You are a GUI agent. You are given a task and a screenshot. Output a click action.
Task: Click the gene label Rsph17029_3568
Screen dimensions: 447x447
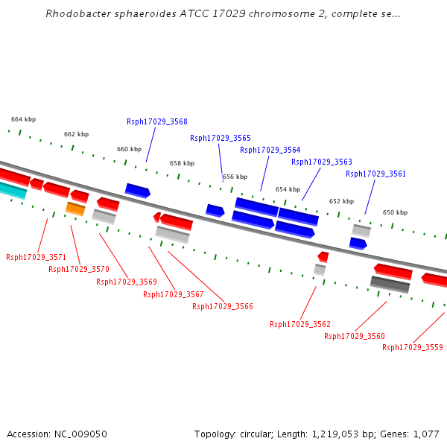click(x=157, y=121)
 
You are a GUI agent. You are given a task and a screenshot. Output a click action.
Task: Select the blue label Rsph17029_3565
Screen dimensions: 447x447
click(x=221, y=138)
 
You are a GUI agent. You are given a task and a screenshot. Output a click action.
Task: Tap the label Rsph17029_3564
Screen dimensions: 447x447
click(x=270, y=150)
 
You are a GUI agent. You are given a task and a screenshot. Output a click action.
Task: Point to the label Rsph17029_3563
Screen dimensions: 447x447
click(x=322, y=162)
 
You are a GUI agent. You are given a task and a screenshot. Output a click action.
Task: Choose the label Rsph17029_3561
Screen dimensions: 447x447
click(x=375, y=174)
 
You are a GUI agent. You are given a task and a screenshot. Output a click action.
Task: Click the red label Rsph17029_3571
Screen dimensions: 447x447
click(x=37, y=257)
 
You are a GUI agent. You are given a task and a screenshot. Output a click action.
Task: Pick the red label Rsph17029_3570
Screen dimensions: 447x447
click(x=79, y=269)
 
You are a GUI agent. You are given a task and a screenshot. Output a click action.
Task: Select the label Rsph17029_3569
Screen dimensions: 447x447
click(x=127, y=282)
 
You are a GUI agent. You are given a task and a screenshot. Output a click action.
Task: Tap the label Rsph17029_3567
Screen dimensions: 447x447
click(x=174, y=294)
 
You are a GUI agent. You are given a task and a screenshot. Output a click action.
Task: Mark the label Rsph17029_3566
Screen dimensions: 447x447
click(x=223, y=306)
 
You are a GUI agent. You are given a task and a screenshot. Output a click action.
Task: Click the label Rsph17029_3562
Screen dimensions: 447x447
click(x=300, y=324)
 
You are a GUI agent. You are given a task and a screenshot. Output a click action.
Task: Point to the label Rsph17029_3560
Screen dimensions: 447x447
click(x=355, y=336)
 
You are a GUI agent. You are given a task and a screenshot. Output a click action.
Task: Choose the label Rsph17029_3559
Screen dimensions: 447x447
click(x=413, y=347)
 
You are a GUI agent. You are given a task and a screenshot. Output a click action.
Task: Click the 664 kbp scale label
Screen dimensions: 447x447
click(x=23, y=119)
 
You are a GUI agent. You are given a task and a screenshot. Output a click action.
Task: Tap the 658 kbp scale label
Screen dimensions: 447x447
click(x=182, y=163)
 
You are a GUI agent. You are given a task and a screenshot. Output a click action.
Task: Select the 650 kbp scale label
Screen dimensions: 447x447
click(x=395, y=212)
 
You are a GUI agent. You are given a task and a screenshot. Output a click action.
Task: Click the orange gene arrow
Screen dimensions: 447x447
click(x=75, y=209)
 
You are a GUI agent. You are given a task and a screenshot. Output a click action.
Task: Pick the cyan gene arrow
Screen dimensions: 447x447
click(x=13, y=190)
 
